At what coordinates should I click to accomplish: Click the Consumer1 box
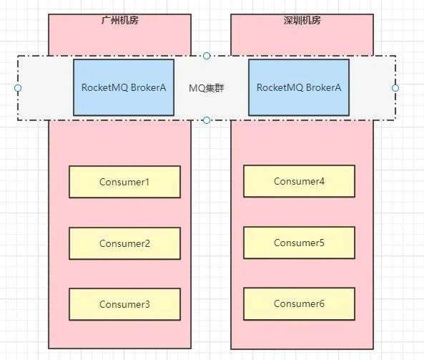124,182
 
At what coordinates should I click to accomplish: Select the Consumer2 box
124,243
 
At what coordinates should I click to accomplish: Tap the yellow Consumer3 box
124,304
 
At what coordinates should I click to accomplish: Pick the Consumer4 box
299,181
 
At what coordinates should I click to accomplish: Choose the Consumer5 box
299,243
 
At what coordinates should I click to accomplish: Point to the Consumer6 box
299,303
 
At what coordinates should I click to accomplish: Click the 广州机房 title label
120,20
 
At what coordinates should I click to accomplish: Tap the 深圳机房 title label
302,20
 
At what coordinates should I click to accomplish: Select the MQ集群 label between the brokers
207,88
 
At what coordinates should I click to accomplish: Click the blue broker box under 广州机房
124,87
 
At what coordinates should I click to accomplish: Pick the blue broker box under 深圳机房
299,87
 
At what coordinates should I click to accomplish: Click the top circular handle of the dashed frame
207,56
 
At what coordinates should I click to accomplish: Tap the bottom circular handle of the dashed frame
207,120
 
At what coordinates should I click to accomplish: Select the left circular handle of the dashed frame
18,88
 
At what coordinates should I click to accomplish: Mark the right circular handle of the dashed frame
395,88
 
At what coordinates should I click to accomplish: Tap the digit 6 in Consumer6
322,303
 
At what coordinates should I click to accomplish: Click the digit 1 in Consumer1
147,182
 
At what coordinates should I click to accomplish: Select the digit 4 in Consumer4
322,181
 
